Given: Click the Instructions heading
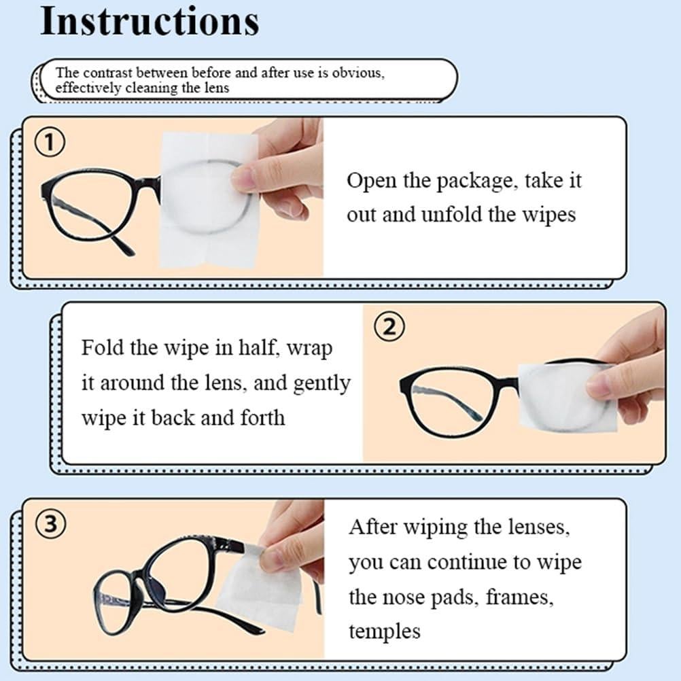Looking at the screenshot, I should click(x=150, y=22).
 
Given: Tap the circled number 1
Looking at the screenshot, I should click(x=50, y=144).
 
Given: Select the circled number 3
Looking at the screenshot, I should click(x=50, y=525).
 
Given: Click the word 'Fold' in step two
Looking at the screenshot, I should click(x=103, y=348).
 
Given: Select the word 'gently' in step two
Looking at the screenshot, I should click(x=321, y=383).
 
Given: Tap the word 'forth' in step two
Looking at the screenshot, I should click(x=262, y=417).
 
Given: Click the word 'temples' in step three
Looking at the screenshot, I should click(x=385, y=631).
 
